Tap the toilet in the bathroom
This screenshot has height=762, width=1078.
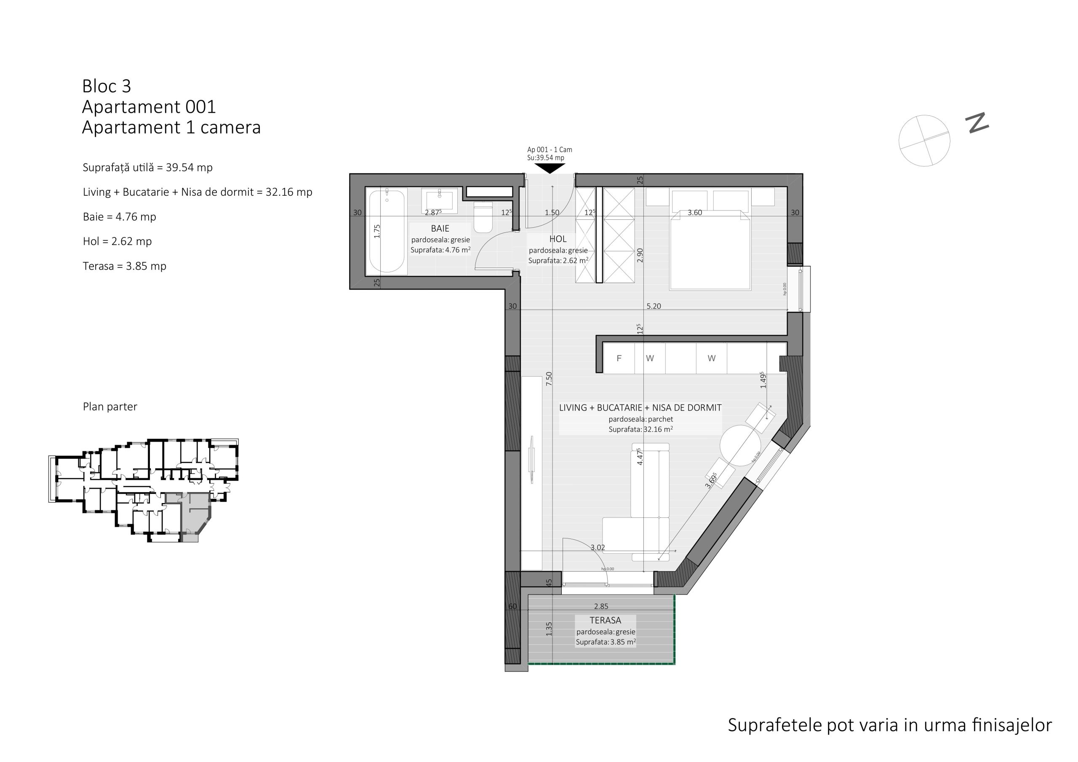click(x=483, y=217)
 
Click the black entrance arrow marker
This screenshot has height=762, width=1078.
click(x=550, y=168)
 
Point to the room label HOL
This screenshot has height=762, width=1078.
click(x=558, y=239)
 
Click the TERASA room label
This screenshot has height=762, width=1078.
click(x=605, y=620)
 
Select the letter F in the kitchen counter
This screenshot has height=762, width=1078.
click(x=619, y=358)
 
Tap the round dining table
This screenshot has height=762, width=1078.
click(x=740, y=445)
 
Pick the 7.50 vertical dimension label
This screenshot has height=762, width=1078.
click(x=549, y=379)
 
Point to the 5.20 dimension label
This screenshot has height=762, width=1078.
click(x=654, y=306)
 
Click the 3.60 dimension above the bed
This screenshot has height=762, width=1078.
click(x=694, y=213)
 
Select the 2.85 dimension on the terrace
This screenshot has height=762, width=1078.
click(x=601, y=606)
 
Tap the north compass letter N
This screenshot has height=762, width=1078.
click(x=977, y=123)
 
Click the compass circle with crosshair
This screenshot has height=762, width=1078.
click(x=924, y=140)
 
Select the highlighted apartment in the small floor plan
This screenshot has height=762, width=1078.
click(x=193, y=514)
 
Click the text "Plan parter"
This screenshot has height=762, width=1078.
click(x=110, y=407)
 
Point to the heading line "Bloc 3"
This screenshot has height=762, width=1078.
click(x=107, y=86)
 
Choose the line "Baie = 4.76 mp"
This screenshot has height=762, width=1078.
click(x=119, y=217)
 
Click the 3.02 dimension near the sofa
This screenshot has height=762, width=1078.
click(x=598, y=547)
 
